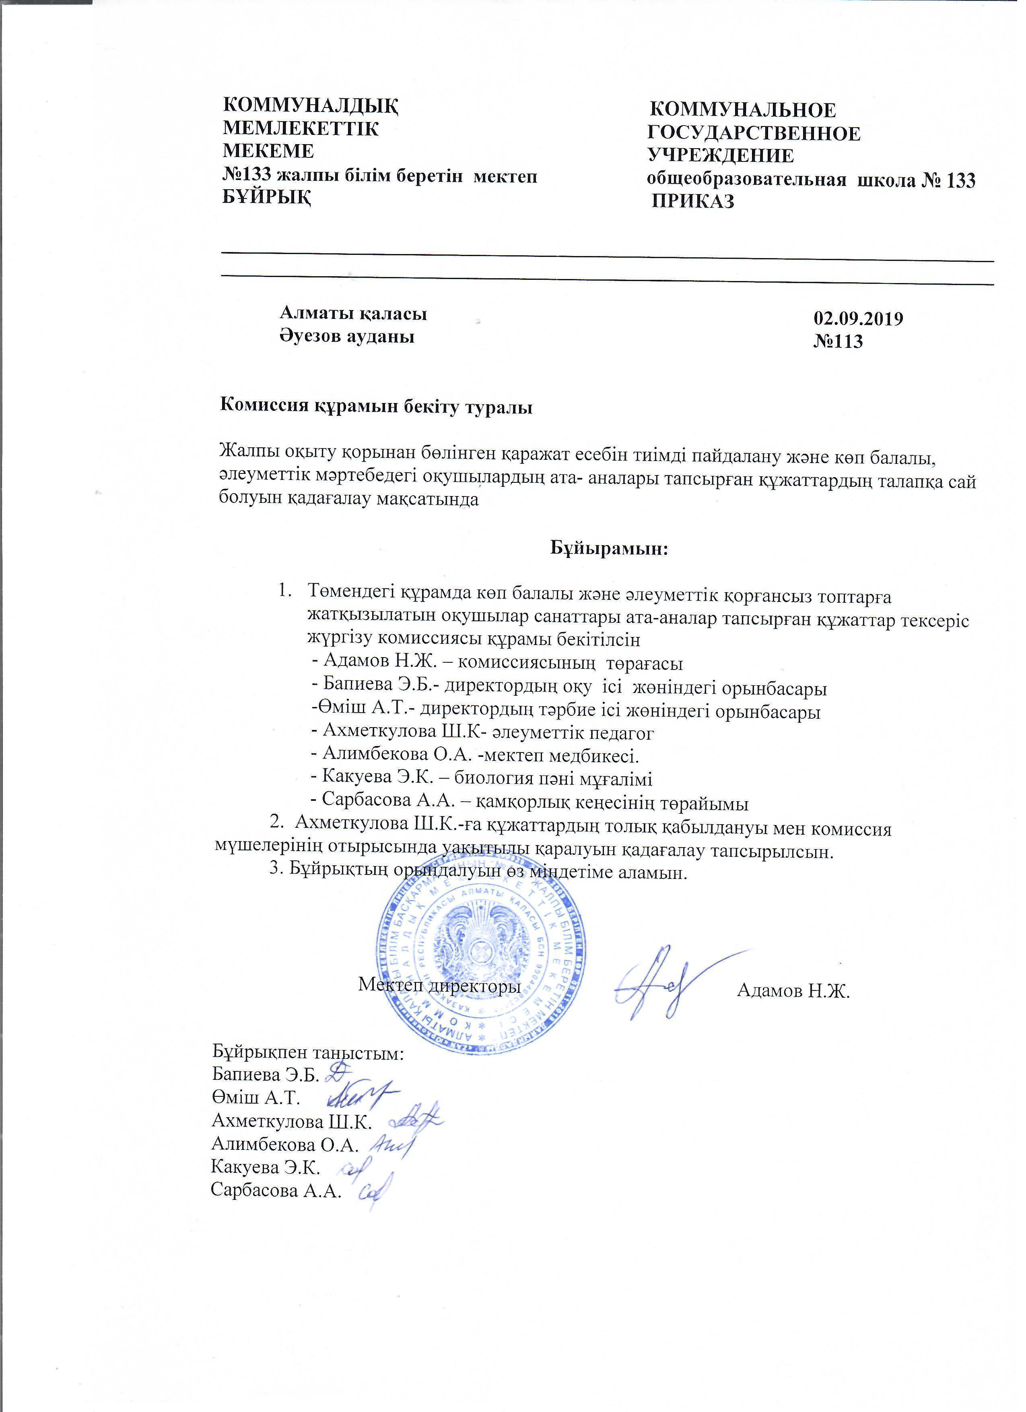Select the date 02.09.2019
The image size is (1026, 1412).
[858, 319]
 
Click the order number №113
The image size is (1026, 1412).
[838, 341]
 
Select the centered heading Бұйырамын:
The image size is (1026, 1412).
[608, 549]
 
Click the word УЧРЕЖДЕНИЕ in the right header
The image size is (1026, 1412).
[721, 156]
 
